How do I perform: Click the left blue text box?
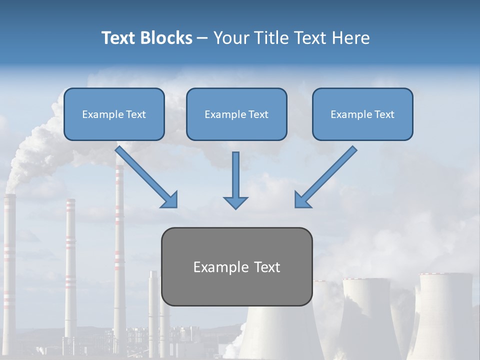[114, 114]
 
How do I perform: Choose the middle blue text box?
[236, 114]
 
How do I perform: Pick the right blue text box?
[362, 114]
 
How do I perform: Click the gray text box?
[236, 266]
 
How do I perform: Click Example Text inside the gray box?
[236, 267]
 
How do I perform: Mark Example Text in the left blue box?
[114, 114]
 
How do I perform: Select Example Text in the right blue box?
[362, 114]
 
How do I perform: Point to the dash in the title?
[202, 38]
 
